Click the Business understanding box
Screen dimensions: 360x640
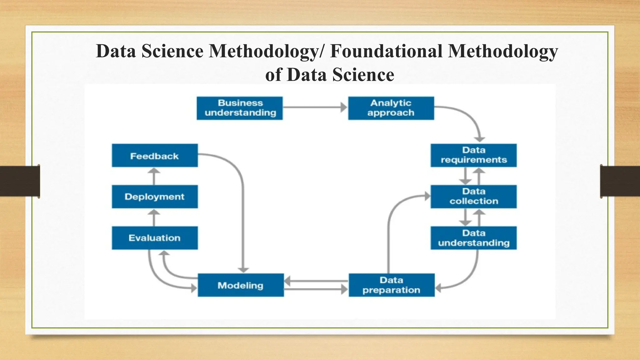tap(240, 108)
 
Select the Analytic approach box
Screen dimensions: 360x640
tap(391, 108)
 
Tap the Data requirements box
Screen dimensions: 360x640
tap(473, 155)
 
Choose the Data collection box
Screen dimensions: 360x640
tap(473, 197)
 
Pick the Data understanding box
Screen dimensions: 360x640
tap(473, 238)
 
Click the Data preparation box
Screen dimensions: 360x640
tap(392, 285)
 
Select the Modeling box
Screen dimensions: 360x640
tap(241, 285)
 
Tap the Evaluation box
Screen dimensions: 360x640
tap(155, 238)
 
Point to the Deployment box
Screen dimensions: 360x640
tap(155, 197)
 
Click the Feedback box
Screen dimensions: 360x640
tap(155, 155)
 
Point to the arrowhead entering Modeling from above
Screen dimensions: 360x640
tap(243, 270)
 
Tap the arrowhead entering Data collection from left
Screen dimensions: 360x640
tap(427, 196)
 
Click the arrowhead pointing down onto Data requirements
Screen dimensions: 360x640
tap(479, 139)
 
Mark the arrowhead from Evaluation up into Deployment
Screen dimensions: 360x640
tap(154, 212)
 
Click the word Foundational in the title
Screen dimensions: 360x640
tap(386, 51)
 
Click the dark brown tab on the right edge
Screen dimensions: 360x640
tap(620, 181)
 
